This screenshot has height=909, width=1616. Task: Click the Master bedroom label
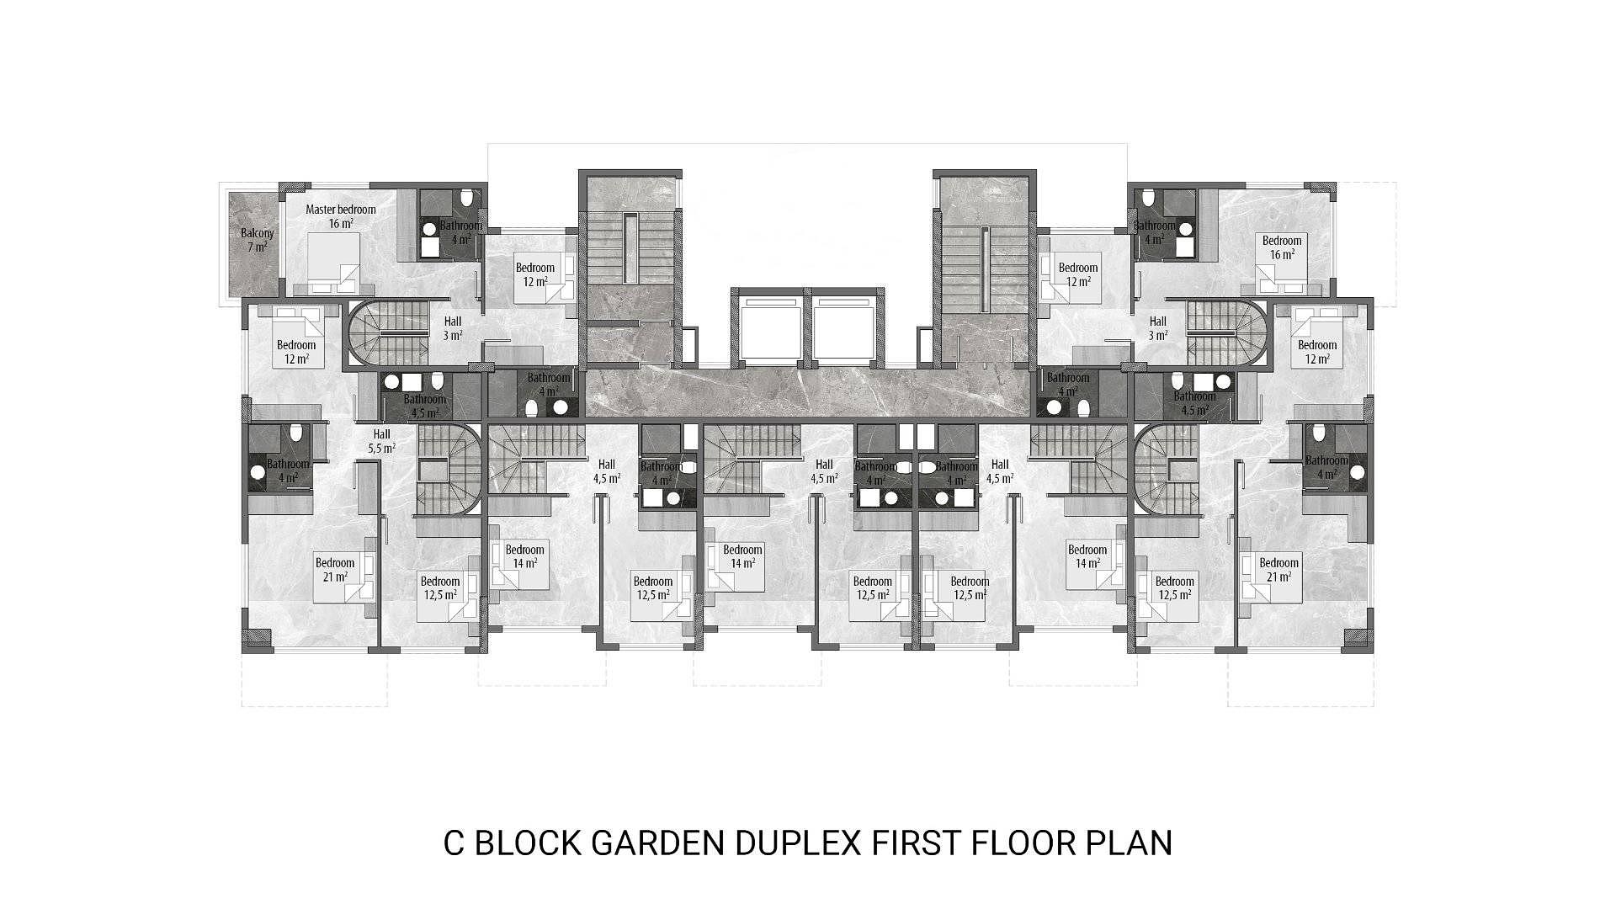341,210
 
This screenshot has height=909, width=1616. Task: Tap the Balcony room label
258,233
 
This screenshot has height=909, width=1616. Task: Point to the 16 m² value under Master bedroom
341,224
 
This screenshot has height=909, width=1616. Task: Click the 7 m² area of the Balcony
258,247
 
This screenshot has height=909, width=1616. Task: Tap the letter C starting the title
454,843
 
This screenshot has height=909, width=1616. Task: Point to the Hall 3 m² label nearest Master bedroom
453,328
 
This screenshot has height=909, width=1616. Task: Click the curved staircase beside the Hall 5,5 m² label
450,469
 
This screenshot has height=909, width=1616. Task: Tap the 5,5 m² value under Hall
381,449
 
